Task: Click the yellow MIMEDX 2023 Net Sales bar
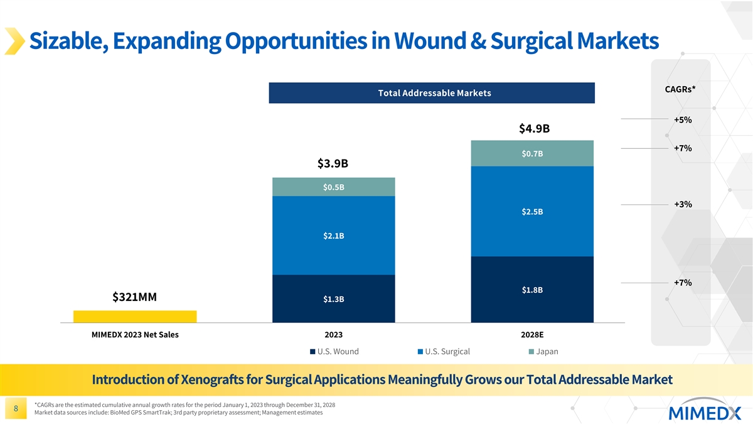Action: pyautogui.click(x=135, y=317)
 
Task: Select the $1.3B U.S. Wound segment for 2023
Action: pyautogui.click(x=333, y=299)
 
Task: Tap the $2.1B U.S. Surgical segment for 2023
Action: pyautogui.click(x=333, y=236)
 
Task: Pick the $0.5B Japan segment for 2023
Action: pyautogui.click(x=333, y=187)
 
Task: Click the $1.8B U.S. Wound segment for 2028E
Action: pyautogui.click(x=531, y=290)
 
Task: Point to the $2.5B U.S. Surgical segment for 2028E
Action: pyautogui.click(x=531, y=211)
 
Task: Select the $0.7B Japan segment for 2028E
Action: pyautogui.click(x=531, y=153)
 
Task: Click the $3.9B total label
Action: pyautogui.click(x=333, y=164)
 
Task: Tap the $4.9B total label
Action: pyautogui.click(x=534, y=129)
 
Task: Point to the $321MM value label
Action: pyautogui.click(x=134, y=296)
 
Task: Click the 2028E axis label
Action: pyautogui.click(x=531, y=335)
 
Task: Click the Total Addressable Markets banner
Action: pyautogui.click(x=431, y=93)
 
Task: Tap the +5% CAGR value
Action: pyautogui.click(x=683, y=120)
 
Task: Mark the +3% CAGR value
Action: pyautogui.click(x=683, y=204)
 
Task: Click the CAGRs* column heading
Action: pyautogui.click(x=680, y=90)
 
